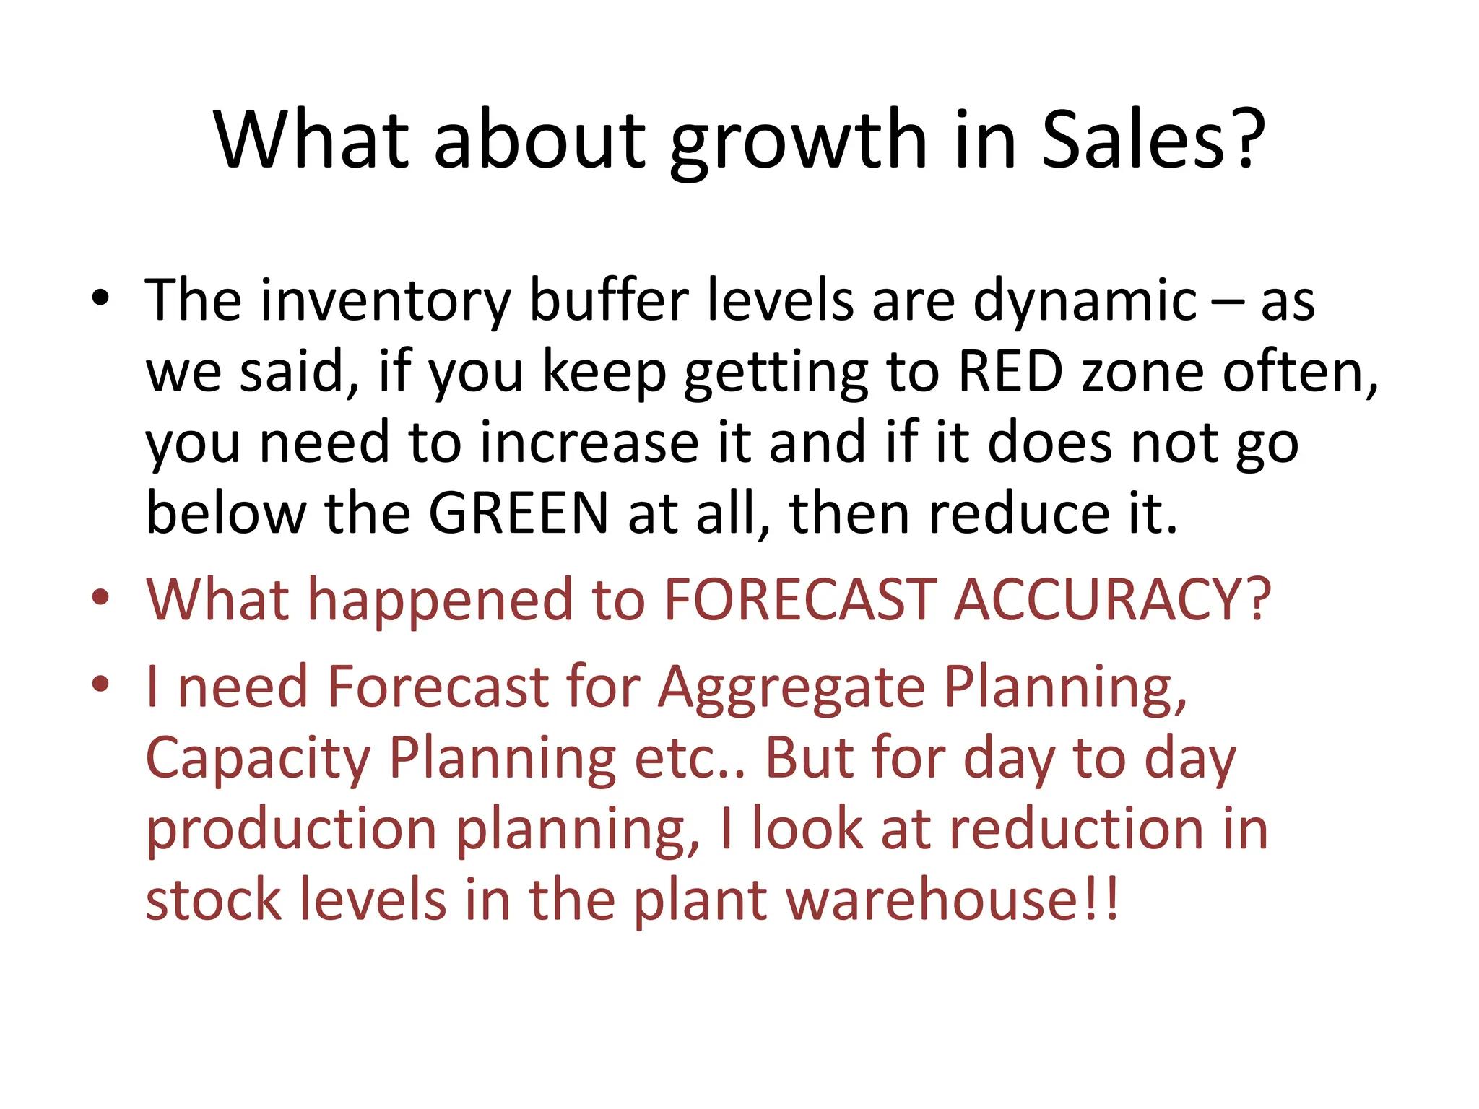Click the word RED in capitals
[x=1010, y=372]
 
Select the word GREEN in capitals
[x=519, y=513]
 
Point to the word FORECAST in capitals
[x=800, y=599]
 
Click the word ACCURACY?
[x=1112, y=599]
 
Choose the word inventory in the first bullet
[x=386, y=301]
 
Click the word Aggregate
[x=791, y=687]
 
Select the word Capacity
[x=258, y=760]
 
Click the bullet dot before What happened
[x=100, y=597]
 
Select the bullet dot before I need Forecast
[x=100, y=683]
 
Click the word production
[x=291, y=830]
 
